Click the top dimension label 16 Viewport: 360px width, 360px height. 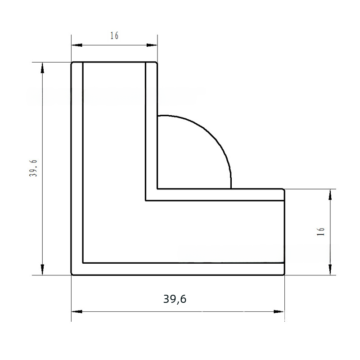click(x=114, y=36)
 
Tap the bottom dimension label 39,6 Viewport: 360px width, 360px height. click(x=175, y=299)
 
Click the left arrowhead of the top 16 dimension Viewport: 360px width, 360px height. click(x=76, y=45)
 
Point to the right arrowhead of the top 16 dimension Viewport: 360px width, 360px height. click(x=152, y=45)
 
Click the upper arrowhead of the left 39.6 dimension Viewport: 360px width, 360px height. click(x=42, y=68)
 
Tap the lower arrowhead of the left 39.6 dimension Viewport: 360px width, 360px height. click(x=42, y=269)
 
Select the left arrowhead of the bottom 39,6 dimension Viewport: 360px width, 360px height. click(x=76, y=311)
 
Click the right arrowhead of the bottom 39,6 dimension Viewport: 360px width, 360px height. click(x=279, y=311)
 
